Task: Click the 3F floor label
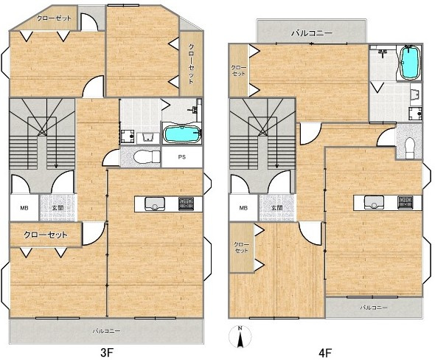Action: pyautogui.click(x=107, y=353)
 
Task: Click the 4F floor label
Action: pyautogui.click(x=325, y=353)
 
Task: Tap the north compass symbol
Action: pyautogui.click(x=240, y=336)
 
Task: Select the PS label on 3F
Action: pyautogui.click(x=181, y=157)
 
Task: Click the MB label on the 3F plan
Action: pyautogui.click(x=24, y=208)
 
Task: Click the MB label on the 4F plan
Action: pyautogui.click(x=243, y=208)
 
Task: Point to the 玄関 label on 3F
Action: pyautogui.click(x=58, y=207)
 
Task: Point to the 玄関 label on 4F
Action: pyautogui.click(x=277, y=207)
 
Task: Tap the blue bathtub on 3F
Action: pyautogui.click(x=181, y=134)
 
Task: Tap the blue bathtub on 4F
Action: pyautogui.click(x=410, y=63)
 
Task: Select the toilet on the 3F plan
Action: pyautogui.click(x=147, y=157)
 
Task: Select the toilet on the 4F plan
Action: pyautogui.click(x=410, y=148)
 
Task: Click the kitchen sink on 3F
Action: pyautogui.click(x=155, y=204)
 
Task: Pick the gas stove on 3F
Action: pyautogui.click(x=186, y=204)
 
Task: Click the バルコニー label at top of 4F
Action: pyautogui.click(x=312, y=34)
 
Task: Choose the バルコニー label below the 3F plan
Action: pyautogui.click(x=106, y=331)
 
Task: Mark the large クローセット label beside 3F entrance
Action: pyautogui.click(x=46, y=235)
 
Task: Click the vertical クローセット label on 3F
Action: pyautogui.click(x=191, y=64)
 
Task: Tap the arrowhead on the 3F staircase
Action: pyautogui.click(x=56, y=166)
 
